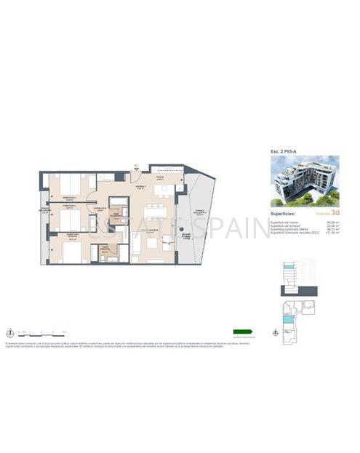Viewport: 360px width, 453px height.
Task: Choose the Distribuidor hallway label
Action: (x=97, y=207)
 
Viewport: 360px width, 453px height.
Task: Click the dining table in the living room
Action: (x=154, y=212)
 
